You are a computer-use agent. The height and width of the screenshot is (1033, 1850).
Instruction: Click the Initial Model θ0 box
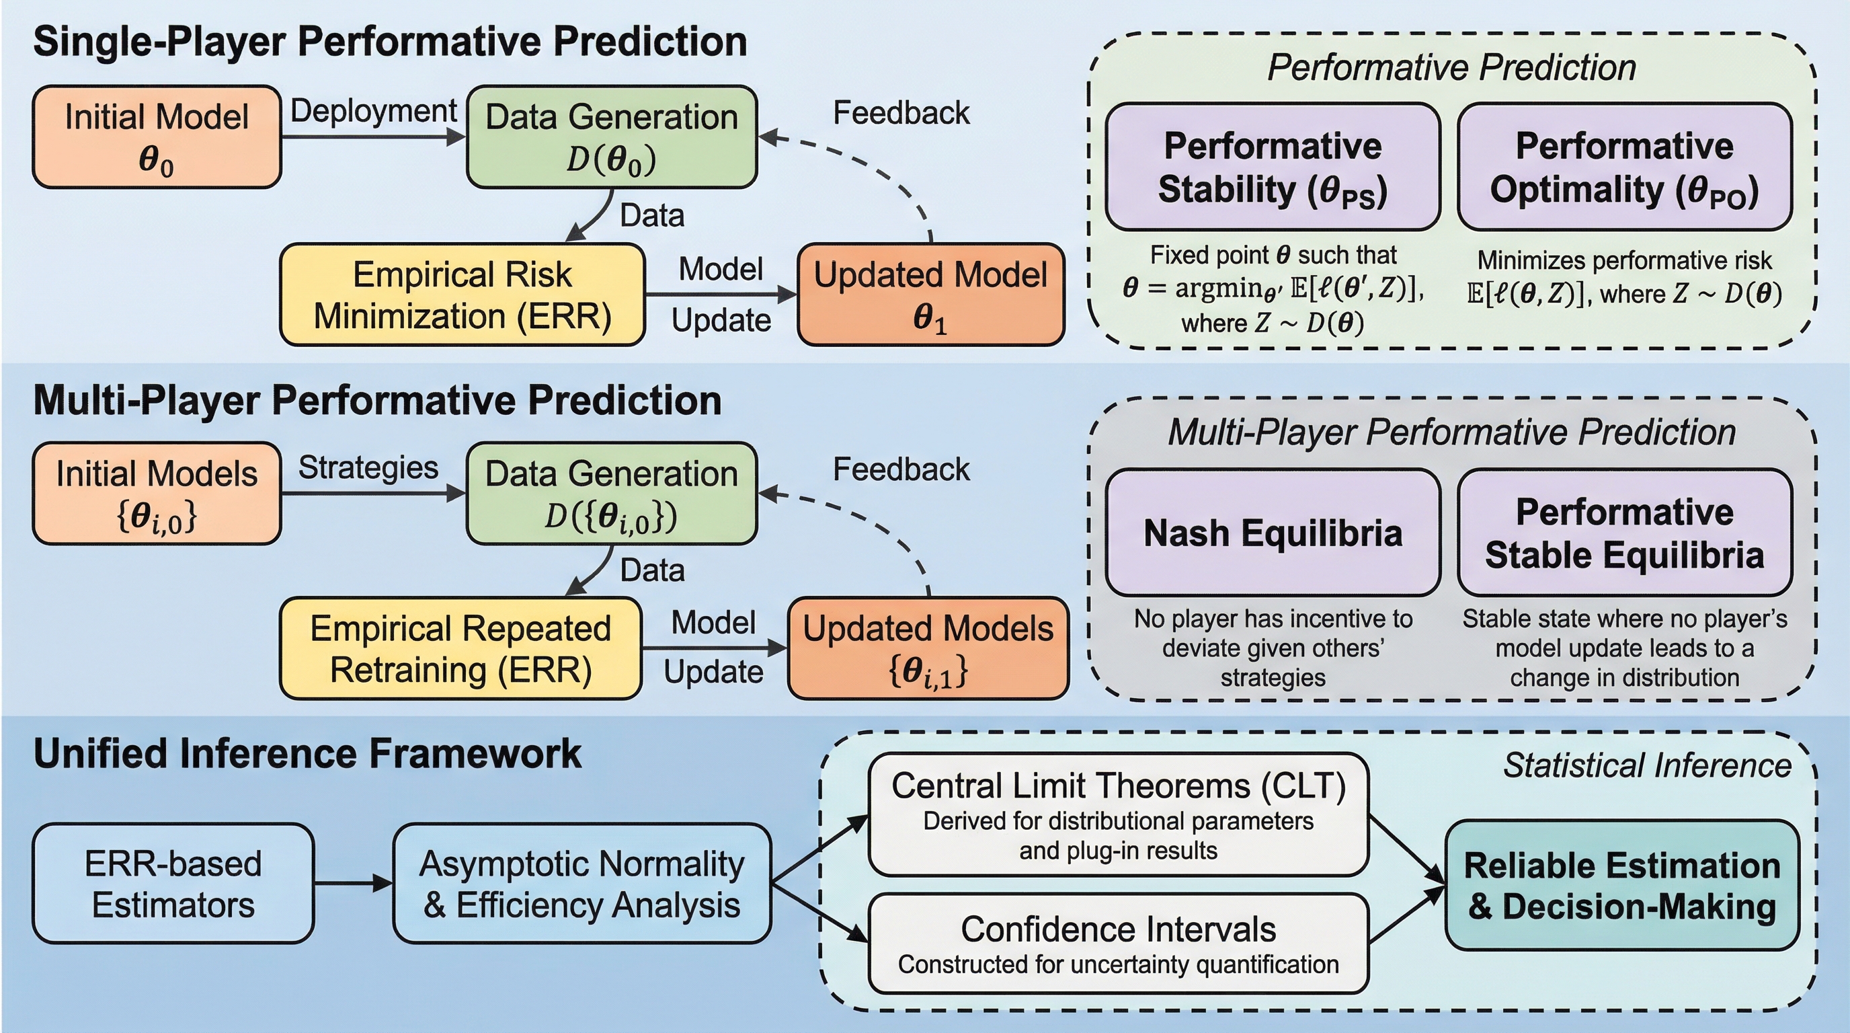pos(157,137)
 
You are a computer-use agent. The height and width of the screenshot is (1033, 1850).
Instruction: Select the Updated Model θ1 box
pos(931,295)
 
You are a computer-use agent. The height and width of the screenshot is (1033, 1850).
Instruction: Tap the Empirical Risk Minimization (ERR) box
pos(462,295)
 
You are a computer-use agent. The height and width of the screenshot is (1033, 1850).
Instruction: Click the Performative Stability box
pos(1273,167)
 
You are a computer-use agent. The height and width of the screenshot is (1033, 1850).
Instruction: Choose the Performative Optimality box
pos(1625,167)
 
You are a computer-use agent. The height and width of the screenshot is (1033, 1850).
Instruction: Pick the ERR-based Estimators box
pos(173,883)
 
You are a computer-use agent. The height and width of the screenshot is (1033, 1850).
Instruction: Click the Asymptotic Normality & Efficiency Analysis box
pos(581,883)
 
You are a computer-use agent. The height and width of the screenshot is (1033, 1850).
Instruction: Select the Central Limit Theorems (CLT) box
pos(1118,814)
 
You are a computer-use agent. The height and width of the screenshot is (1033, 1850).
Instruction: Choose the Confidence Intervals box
pos(1118,943)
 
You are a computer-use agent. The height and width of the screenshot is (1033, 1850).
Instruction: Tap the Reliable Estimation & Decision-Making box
pos(1621,885)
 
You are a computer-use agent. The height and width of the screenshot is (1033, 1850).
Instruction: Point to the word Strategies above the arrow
pos(368,467)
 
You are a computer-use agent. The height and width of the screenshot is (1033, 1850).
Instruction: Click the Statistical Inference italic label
pos(1647,765)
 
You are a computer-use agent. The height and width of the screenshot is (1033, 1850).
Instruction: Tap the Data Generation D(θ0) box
pos(612,137)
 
